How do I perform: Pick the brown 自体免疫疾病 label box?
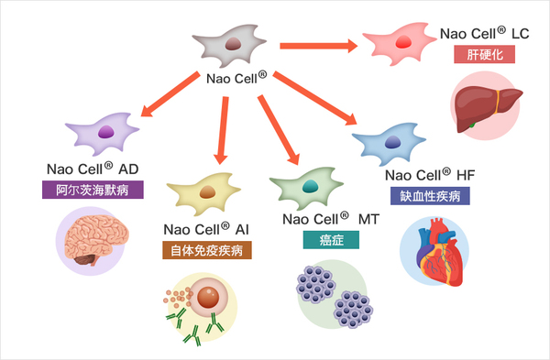pyautogui.click(x=208, y=249)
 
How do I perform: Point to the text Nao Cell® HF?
pyautogui.click(x=429, y=174)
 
